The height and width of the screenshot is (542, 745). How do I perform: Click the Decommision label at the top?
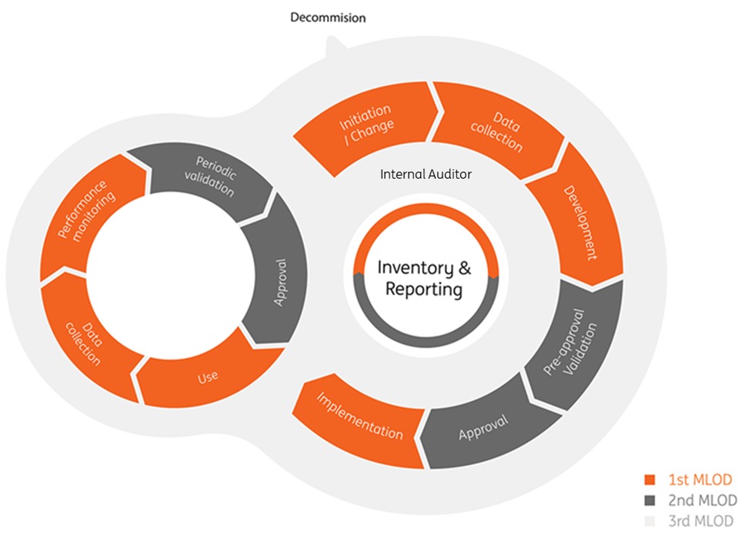328,17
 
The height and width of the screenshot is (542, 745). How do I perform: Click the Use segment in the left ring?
207,376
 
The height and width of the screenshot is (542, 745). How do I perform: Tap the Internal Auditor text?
426,175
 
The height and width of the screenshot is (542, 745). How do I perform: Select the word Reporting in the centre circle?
424,290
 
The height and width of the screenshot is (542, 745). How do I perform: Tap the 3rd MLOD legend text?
701,520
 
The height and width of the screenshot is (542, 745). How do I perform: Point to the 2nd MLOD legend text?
702,500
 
